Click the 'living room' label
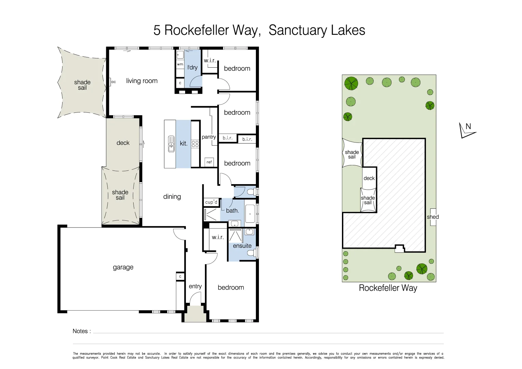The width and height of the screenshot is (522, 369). coord(142,81)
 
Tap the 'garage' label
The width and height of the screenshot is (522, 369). coord(123,267)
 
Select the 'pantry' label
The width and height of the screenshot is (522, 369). coord(209,137)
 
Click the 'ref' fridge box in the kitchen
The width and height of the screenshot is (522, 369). coord(209,162)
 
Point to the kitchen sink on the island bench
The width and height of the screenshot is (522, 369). coord(171,143)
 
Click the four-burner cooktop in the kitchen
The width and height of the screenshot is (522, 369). coord(195,144)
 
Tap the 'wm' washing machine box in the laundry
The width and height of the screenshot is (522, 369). coord(180,64)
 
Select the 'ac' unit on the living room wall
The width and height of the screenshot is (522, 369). coord(113,82)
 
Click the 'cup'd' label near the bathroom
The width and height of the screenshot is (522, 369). coord(211,202)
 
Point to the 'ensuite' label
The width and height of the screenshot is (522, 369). coord(242,246)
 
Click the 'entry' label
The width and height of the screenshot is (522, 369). coord(195,286)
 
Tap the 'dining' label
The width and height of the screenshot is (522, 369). coord(172,196)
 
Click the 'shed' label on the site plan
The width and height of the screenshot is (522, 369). coord(432,217)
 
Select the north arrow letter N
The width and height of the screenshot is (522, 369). coord(468,127)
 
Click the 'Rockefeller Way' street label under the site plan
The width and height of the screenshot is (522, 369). coord(388,288)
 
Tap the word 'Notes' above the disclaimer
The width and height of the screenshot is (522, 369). coord(80,331)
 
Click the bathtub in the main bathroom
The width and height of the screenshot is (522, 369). coord(250,214)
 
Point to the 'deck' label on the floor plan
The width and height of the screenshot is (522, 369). coord(123,143)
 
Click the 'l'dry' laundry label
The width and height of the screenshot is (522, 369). coord(192,67)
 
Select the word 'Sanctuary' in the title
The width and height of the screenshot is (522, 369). coord(293,30)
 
